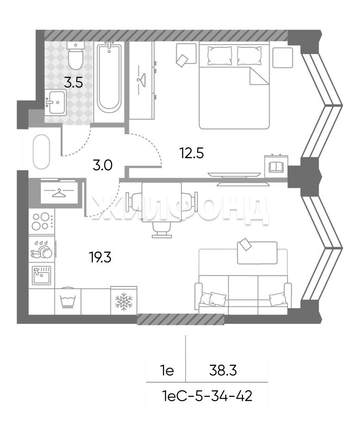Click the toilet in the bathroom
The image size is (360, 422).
click(75, 55)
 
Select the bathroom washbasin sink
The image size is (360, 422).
click(55, 102)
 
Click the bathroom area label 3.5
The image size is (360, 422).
click(73, 83)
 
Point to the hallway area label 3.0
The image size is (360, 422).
click(102, 165)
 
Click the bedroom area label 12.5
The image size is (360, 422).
click(192, 154)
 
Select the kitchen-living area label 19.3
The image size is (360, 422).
click(100, 258)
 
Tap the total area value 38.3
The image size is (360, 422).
click(223, 371)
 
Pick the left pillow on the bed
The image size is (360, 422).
click(220, 55)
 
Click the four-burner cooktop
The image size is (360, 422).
click(42, 221)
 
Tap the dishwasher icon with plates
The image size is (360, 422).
click(41, 249)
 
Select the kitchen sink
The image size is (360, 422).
click(41, 275)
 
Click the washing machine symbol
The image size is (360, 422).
click(68, 301)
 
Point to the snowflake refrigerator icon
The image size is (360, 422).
click(124, 301)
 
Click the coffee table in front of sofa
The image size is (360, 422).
click(257, 253)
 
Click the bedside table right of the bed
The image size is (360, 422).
click(283, 57)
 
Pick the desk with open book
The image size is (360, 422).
click(276, 166)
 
